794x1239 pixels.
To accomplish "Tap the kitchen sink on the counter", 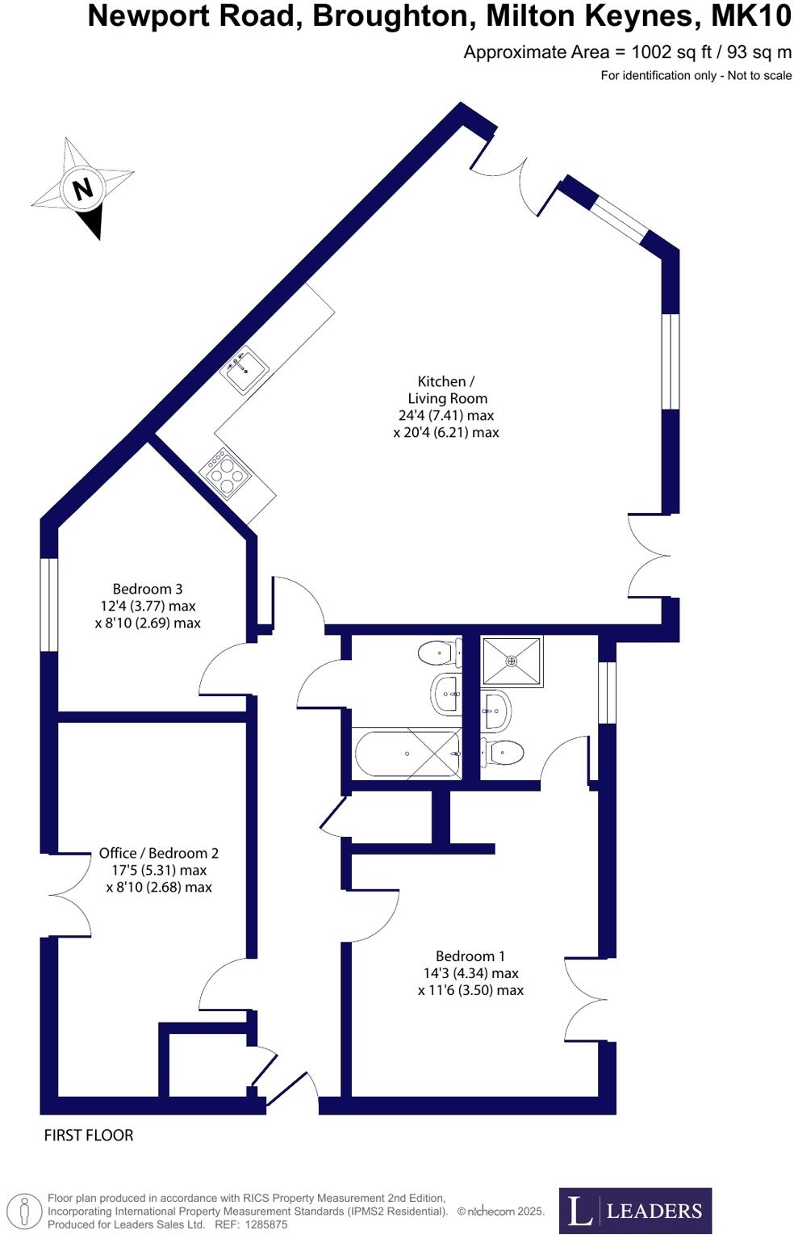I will (x=244, y=369).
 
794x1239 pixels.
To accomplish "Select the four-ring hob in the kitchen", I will (x=225, y=473).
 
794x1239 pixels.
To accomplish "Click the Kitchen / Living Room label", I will (x=446, y=406).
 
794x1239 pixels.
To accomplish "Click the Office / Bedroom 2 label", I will (x=159, y=870).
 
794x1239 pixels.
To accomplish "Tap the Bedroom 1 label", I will (x=470, y=973).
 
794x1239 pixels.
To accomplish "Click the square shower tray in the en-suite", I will (x=512, y=661).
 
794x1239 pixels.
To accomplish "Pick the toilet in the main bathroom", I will (x=438, y=652).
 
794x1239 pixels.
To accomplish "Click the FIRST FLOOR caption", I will (x=89, y=1135).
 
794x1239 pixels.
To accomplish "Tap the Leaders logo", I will (x=635, y=1211).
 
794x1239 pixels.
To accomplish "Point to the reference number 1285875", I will (x=260, y=1224).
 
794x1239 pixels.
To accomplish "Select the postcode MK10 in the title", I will (x=750, y=16).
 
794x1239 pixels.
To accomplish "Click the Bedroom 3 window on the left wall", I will (x=49, y=604).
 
